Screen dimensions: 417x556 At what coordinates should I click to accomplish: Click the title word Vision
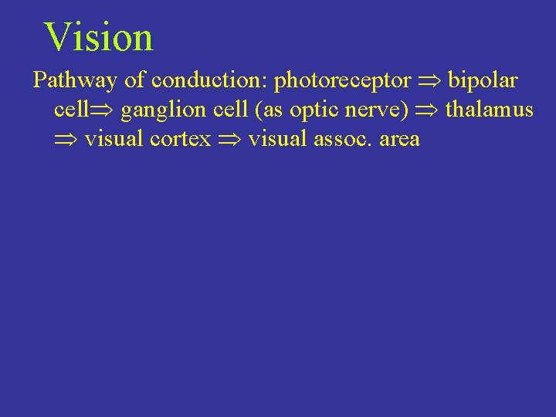[99, 37]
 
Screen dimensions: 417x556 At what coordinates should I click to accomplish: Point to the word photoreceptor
[342, 81]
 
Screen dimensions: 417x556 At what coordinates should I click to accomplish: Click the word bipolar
[483, 80]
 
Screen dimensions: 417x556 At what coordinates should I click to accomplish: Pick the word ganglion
[161, 110]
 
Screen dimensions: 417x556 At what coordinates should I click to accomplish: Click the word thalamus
[489, 110]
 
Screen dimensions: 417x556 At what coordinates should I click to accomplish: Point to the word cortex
[185, 139]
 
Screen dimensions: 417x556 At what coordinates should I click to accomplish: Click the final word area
[399, 140]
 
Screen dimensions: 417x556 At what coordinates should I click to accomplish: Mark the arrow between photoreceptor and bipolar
[429, 81]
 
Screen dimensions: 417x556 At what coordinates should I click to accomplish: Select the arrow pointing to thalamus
[426, 110]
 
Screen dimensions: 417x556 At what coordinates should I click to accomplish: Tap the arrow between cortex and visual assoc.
[229, 140]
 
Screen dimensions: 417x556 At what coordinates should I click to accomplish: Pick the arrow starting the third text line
[66, 140]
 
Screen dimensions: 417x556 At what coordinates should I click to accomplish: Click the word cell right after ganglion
[229, 110]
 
